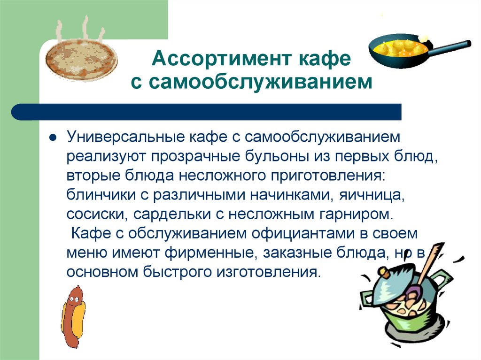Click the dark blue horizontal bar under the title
point(207,112)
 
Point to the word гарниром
point(355,214)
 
